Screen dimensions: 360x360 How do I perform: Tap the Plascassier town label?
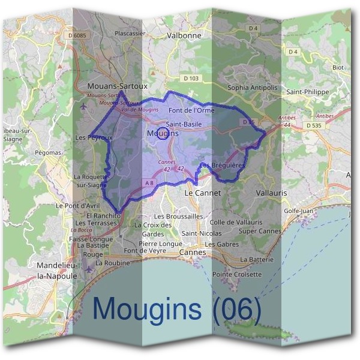pos(130,34)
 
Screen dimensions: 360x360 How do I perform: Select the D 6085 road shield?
pos(78,36)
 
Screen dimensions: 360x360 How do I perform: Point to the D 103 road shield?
pos(191,79)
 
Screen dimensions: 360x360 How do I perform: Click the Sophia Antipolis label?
pos(253,88)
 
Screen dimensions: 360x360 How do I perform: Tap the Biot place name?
pos(338,68)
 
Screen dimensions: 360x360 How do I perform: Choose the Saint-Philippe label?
pos(307,92)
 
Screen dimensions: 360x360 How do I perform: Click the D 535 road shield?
pos(313,125)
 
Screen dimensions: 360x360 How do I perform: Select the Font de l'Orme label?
pos(191,110)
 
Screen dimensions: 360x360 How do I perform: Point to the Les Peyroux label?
pos(94,137)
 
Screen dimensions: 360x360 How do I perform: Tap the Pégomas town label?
pos(48,153)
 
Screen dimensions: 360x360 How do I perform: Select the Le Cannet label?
pos(202,193)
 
